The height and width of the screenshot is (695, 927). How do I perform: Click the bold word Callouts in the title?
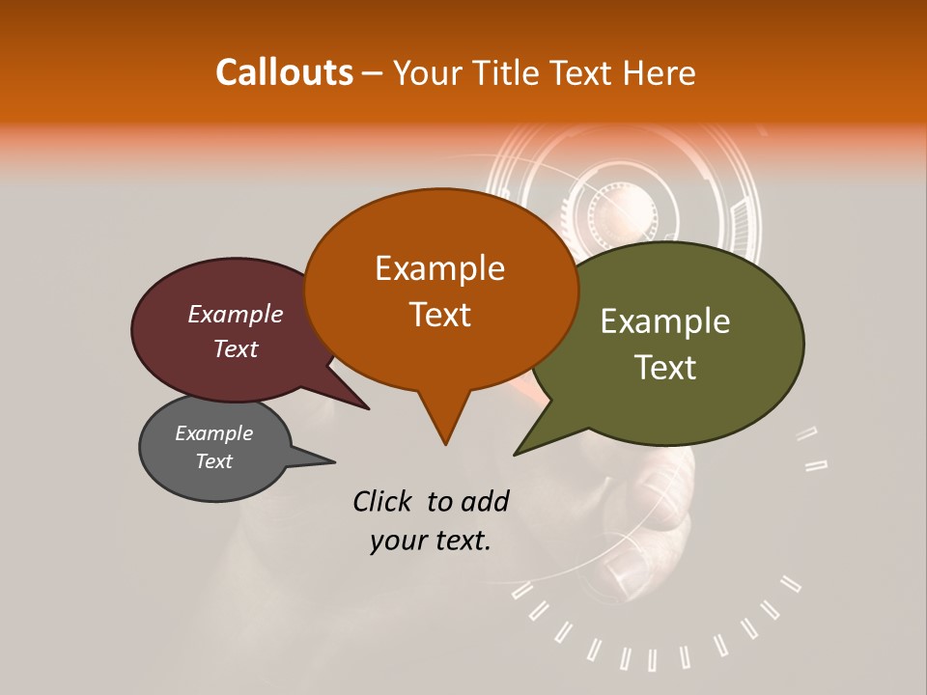coord(284,72)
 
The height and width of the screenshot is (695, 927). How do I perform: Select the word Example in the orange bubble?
coord(439,268)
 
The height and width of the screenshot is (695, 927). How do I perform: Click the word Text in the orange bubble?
coord(439,315)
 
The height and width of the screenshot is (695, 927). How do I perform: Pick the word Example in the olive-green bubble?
coord(665,321)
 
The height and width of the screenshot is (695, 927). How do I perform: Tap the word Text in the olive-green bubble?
coord(665,368)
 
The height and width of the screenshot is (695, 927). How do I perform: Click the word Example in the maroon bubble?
coord(235,314)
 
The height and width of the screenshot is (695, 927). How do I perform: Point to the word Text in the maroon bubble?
coord(235,348)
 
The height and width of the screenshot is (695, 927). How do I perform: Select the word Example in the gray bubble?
coord(213,433)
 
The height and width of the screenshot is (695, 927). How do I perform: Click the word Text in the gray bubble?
coord(213,461)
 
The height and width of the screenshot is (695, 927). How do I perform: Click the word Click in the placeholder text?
coord(383,501)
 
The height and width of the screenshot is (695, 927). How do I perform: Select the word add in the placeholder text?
coord(485,501)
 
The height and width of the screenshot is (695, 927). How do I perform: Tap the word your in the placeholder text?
coord(398,541)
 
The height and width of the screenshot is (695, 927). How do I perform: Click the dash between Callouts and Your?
coord(374,73)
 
